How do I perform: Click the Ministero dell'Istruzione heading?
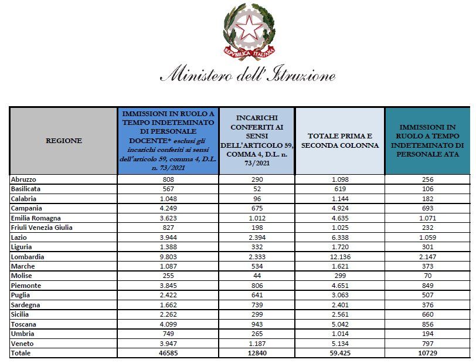(x=248, y=76)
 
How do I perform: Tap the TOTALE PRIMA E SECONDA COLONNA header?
(x=339, y=141)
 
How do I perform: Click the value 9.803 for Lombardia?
(x=167, y=257)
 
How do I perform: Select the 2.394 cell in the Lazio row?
(x=256, y=238)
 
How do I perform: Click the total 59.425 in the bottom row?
(x=339, y=353)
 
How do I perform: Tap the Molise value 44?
(x=256, y=276)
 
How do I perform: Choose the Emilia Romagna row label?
(x=36, y=218)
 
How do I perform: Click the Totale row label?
(x=21, y=353)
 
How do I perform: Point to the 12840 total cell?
(x=256, y=353)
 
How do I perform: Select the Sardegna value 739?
(x=256, y=305)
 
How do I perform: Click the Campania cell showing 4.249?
(x=167, y=208)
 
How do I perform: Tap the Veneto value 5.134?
(x=339, y=343)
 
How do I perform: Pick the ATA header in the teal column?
(x=427, y=141)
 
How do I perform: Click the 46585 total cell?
(x=167, y=353)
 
